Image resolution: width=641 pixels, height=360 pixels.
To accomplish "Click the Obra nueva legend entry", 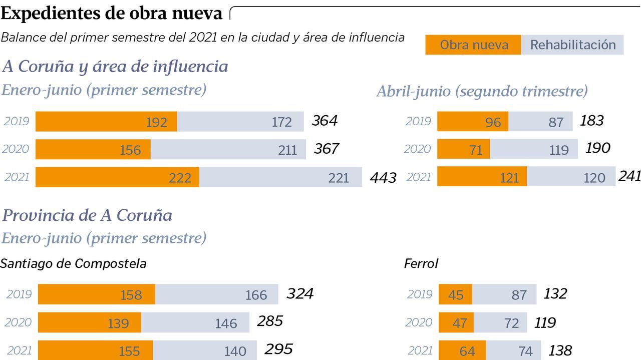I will point(473,45).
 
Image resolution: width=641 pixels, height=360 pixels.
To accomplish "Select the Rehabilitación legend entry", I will point(572,45).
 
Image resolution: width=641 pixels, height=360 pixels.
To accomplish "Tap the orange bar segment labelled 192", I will point(106,122).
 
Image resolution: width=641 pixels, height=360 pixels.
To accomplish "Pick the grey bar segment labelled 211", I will point(228,149).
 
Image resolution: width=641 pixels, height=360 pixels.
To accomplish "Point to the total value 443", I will point(383,178).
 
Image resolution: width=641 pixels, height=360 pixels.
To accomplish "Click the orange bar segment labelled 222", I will point(117,177).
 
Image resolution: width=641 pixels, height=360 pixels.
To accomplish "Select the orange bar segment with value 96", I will point(473,122).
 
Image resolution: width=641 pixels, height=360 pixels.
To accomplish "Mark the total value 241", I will point(629,176).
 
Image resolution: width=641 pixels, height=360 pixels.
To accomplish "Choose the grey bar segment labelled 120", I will point(571,177).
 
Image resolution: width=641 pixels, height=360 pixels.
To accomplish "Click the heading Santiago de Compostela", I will point(73,264).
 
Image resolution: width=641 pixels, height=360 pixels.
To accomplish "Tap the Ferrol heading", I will point(421,264).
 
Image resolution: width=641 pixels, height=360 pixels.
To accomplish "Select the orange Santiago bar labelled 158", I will point(97,294).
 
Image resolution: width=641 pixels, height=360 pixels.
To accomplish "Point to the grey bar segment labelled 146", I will point(195,322).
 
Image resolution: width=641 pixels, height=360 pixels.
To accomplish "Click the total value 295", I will point(278,349).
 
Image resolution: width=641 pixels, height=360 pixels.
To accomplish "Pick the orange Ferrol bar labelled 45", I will point(455,294).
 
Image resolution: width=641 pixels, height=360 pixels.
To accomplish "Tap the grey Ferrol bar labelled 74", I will point(513,350).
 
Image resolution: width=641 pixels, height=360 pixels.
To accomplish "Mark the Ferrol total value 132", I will point(555,293).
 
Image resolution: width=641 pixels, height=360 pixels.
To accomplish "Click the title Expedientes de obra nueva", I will point(112,14).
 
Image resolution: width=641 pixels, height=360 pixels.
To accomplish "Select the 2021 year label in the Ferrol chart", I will point(420,350).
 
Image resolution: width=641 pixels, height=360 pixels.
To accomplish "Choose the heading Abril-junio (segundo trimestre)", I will point(482,92).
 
